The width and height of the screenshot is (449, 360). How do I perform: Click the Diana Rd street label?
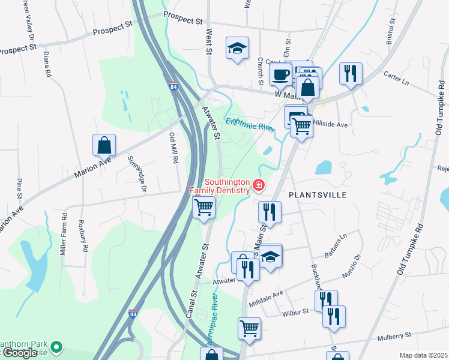pos(47,64)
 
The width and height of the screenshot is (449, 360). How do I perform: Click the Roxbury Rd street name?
pos(83,236)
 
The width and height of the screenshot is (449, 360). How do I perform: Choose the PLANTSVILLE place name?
pos(317,195)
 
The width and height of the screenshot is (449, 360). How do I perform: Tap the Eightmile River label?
pos(250,125)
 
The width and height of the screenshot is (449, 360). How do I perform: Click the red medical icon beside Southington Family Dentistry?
pos(259,185)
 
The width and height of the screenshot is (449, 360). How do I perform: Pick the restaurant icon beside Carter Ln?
pos(351,74)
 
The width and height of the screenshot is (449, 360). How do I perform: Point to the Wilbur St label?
pos(297,312)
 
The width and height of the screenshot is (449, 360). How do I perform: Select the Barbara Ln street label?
pos(336,245)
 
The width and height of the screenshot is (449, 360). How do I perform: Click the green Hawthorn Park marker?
pos(57,346)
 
